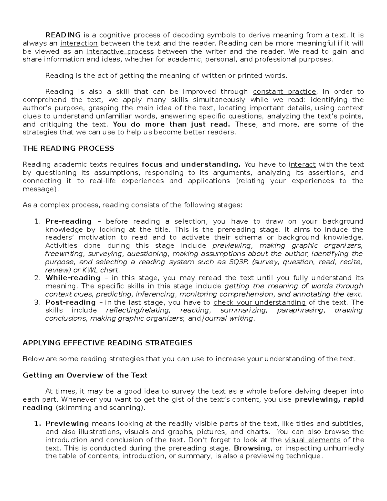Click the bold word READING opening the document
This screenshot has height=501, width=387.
63,35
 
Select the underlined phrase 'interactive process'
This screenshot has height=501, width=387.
120,52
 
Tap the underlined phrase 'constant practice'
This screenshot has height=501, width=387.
284,92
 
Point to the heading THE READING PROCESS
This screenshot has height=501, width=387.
68,148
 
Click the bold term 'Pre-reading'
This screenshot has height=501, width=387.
68,222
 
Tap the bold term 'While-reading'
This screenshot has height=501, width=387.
73,278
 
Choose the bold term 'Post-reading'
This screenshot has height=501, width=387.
71,303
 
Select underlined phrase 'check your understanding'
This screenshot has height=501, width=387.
260,303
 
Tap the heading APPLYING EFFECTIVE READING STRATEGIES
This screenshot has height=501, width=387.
107,343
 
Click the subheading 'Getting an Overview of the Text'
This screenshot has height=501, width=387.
85,376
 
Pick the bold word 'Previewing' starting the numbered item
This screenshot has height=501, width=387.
67,424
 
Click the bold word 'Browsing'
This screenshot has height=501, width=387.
252,448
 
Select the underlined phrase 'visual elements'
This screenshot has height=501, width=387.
313,440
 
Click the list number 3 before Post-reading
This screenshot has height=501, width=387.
36,303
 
